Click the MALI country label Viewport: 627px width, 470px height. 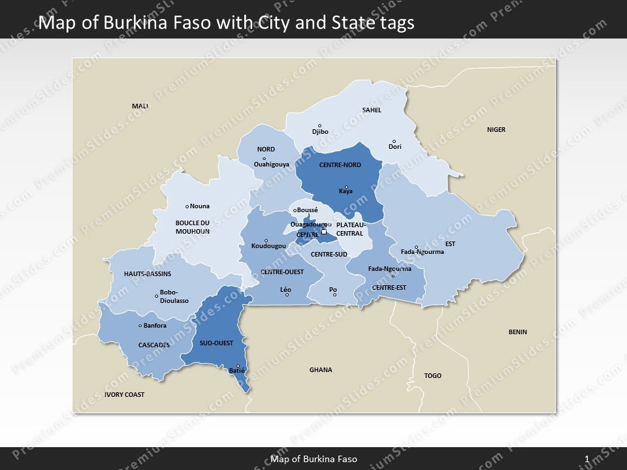pos(140,106)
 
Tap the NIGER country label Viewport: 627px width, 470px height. pos(496,130)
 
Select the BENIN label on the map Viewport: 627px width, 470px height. pos(517,332)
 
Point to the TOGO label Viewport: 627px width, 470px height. pos(433,376)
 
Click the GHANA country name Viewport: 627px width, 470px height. pos(321,370)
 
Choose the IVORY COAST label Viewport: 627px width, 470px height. pos(124,395)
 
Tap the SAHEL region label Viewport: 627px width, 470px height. pos(372,110)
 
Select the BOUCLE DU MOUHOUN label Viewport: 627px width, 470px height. pos(193,227)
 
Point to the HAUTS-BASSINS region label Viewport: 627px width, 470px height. pos(148,274)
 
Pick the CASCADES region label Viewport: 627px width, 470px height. pos(154,345)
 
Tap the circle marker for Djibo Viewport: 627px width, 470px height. pos(319,125)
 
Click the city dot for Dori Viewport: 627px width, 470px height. pos(394,141)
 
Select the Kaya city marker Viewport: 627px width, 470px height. pos(346,187)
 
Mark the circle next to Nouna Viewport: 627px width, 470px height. pos(187,206)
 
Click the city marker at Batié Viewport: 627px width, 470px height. pos(238,366)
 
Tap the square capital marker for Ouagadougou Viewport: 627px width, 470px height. pos(323,231)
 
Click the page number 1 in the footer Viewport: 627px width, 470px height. pos(587,459)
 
